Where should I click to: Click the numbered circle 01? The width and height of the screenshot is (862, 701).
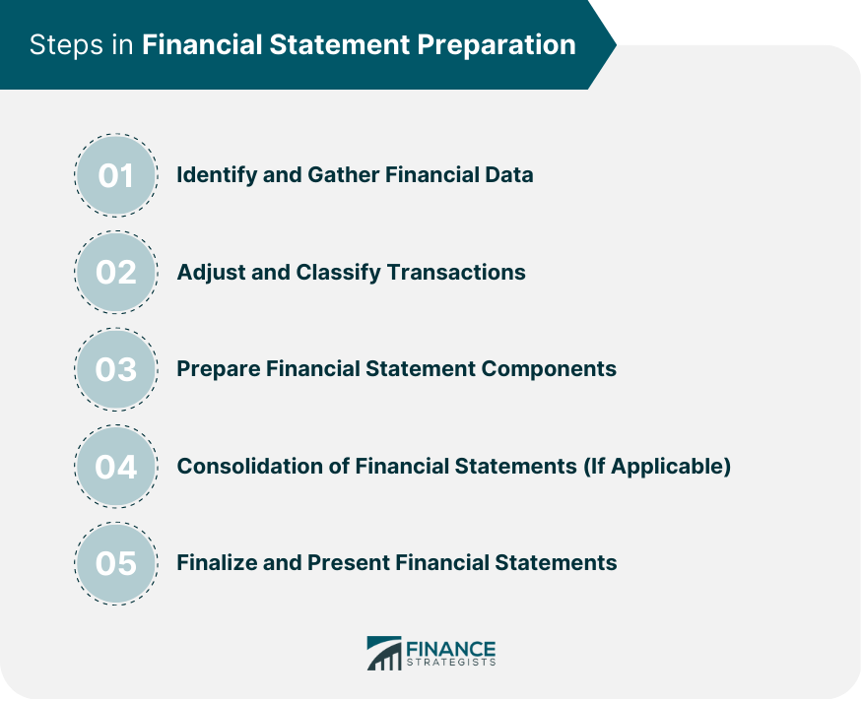116,175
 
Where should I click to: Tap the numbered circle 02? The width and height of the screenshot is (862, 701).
116,273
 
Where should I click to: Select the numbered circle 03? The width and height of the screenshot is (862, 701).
116,369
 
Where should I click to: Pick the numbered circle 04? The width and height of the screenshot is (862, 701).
116,467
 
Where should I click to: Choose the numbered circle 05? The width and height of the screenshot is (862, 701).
116,564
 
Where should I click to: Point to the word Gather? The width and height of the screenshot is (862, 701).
343,174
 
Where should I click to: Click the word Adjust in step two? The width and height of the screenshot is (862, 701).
211,273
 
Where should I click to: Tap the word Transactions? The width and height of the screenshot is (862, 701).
456,273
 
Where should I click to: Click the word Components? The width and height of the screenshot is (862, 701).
549,369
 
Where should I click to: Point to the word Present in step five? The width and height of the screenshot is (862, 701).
348,563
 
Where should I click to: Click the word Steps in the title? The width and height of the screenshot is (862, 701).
66,45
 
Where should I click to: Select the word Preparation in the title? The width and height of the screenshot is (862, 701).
496,45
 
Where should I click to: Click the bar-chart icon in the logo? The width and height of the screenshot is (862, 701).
384,653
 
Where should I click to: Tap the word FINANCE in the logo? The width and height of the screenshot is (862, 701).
451,649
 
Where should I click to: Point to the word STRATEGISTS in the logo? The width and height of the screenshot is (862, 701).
451,663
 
